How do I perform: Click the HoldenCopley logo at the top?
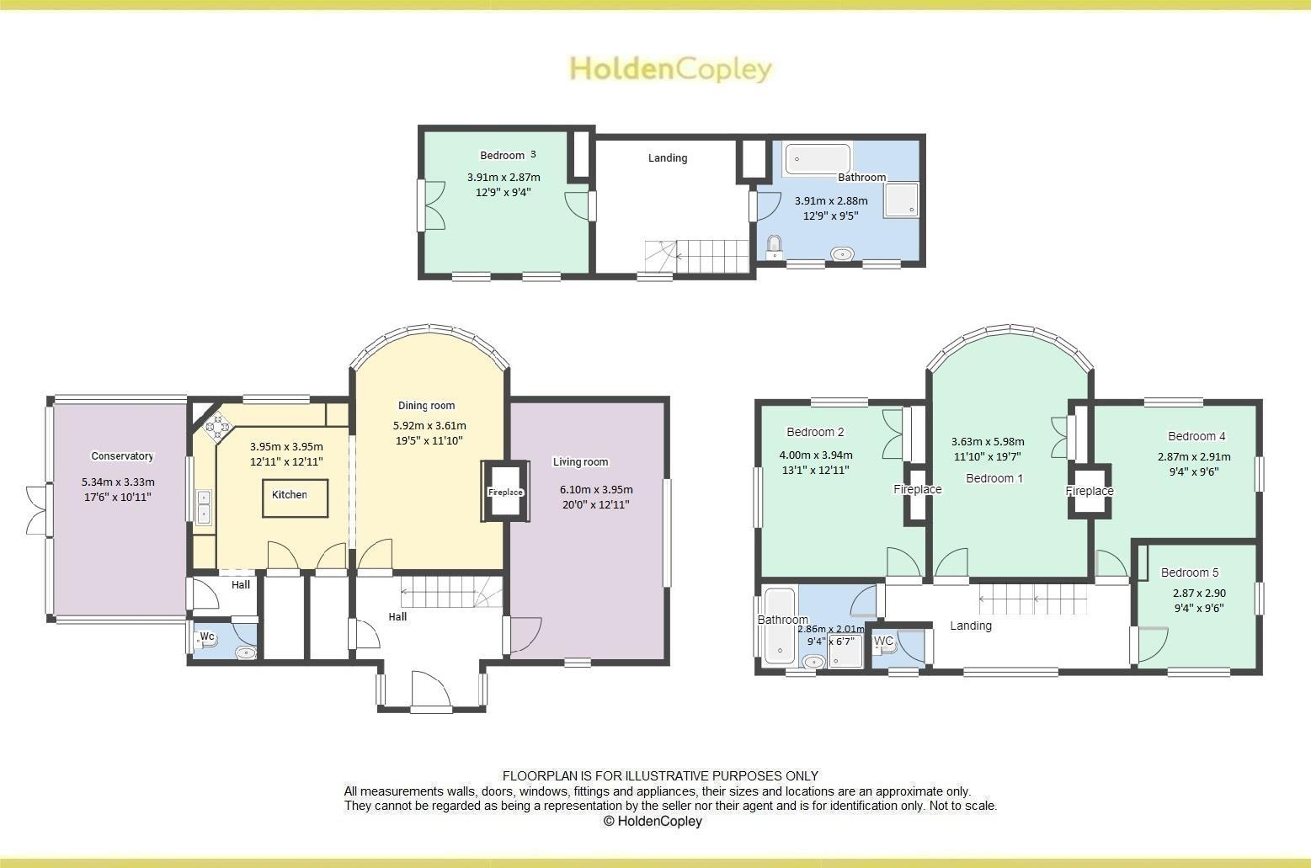[x=670, y=68]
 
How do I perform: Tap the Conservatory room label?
[x=122, y=456]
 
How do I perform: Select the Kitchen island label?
[x=290, y=495]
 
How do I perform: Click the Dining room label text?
[x=426, y=406]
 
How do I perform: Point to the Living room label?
[x=580, y=461]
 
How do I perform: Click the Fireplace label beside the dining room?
[x=505, y=493]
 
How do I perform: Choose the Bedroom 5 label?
[x=1190, y=572]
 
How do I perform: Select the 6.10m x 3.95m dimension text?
[x=596, y=489]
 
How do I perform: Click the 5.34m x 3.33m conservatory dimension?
[x=118, y=482]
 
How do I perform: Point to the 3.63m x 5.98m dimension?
[x=988, y=441]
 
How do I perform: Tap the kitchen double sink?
[x=203, y=507]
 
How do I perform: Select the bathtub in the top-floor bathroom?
[x=818, y=158]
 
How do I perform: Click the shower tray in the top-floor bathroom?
[x=901, y=200]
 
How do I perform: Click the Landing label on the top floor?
[x=668, y=157]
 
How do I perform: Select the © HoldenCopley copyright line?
[x=653, y=821]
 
